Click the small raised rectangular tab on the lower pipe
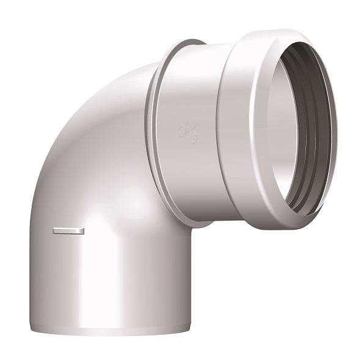pos(68,230)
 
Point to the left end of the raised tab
pos(54,230)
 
